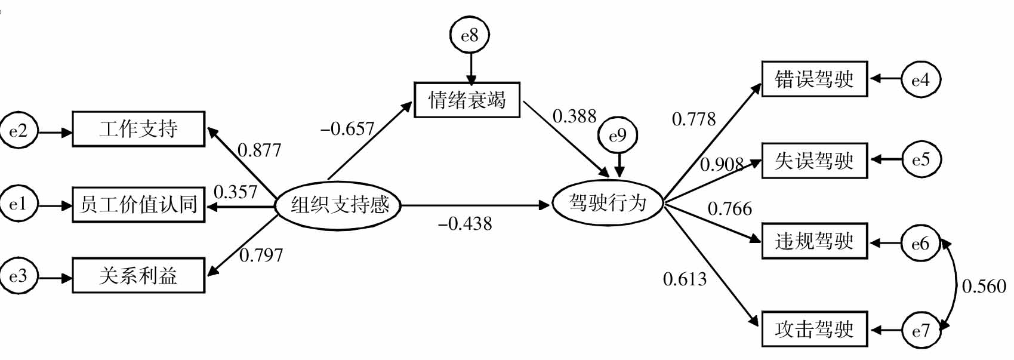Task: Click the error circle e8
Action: [x=470, y=35]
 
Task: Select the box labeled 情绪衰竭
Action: [x=467, y=100]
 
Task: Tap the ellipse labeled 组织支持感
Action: [x=338, y=205]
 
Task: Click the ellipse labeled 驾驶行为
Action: [x=608, y=203]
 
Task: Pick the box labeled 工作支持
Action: [x=138, y=129]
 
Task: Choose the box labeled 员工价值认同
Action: [x=138, y=205]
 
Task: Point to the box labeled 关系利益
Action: [x=138, y=275]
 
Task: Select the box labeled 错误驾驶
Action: [x=814, y=79]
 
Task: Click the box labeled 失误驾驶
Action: [x=814, y=160]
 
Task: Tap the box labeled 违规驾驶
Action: [x=814, y=241]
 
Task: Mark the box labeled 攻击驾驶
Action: [x=814, y=329]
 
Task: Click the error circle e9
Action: [x=618, y=136]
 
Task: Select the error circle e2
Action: [x=18, y=130]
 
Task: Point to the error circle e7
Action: [x=920, y=330]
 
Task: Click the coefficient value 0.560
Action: [x=984, y=287]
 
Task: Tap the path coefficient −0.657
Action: [x=347, y=128]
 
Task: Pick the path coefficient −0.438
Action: [x=465, y=224]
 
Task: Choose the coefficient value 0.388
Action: [x=574, y=116]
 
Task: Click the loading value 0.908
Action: [x=722, y=164]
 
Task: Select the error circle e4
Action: [x=920, y=79]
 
